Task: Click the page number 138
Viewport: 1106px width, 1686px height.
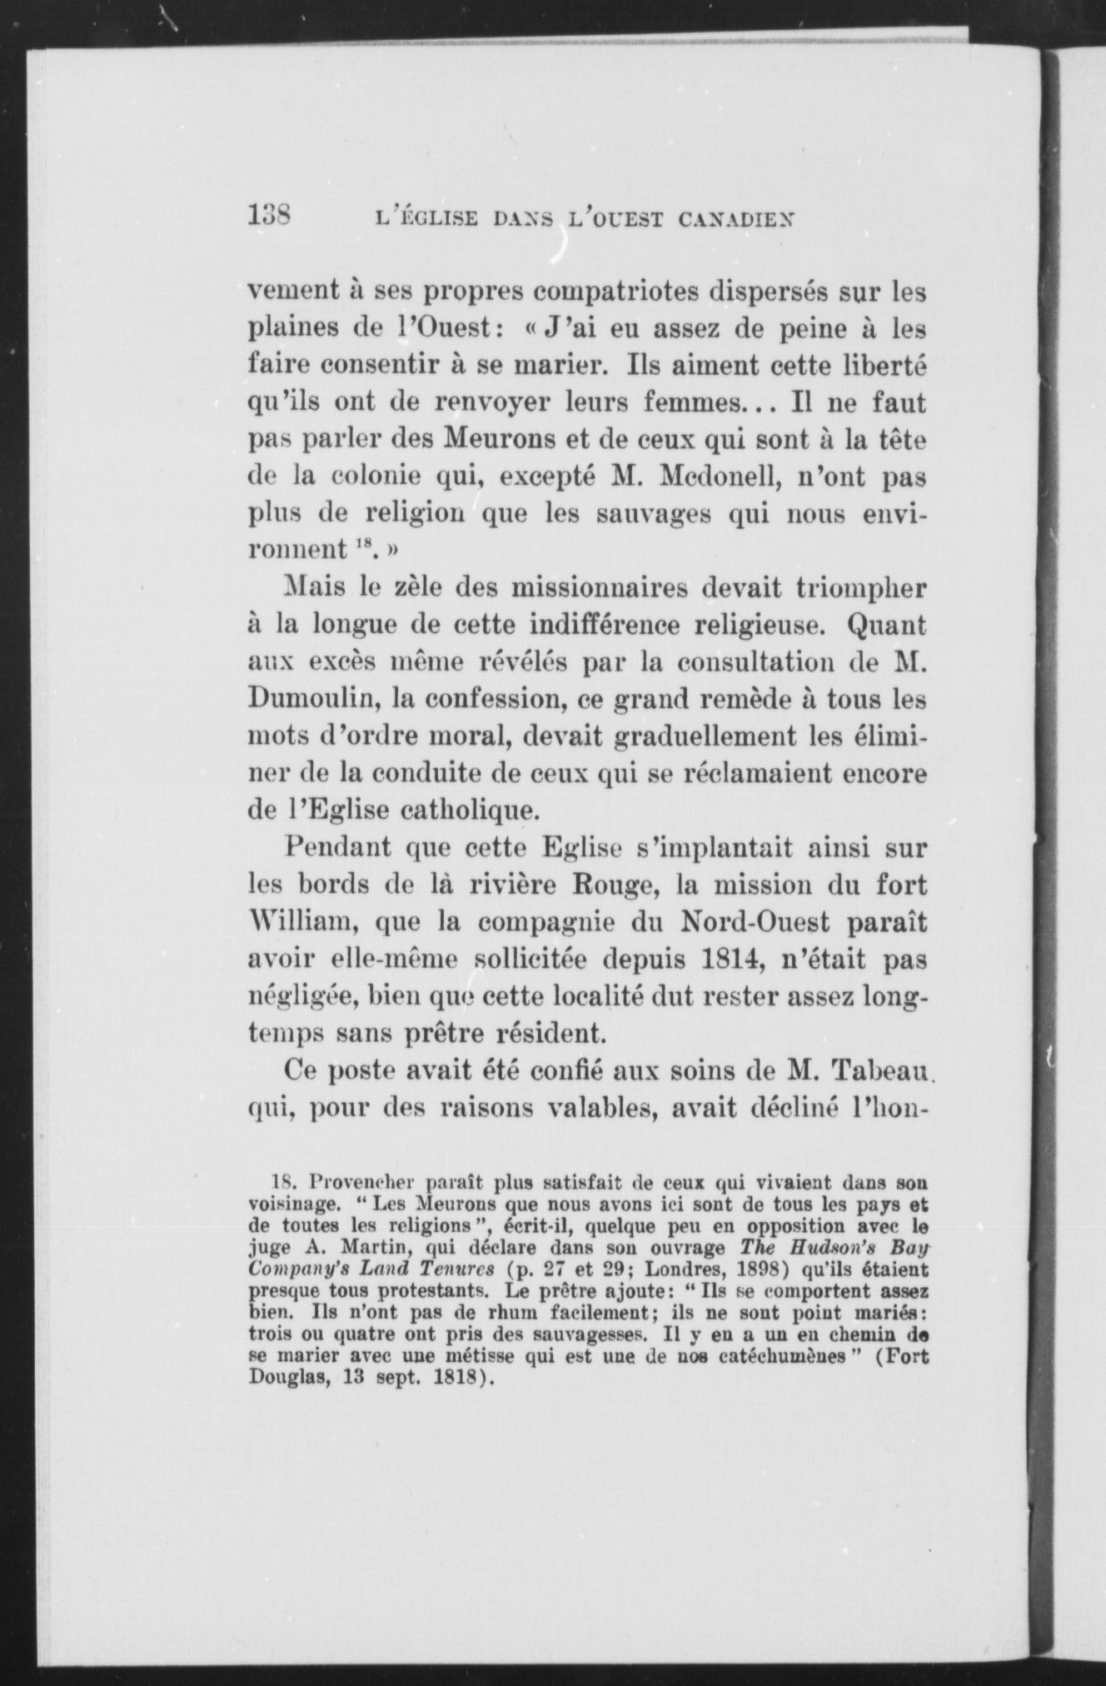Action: (x=268, y=218)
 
